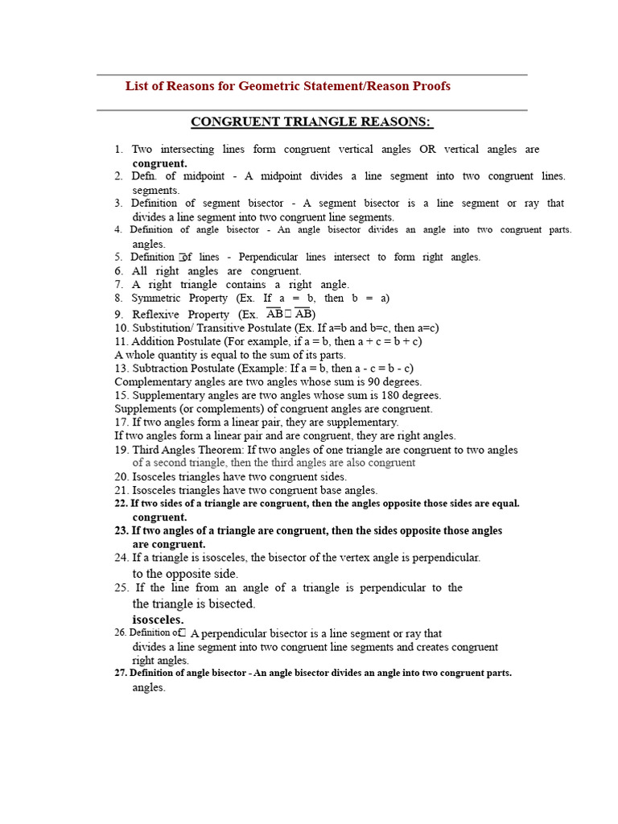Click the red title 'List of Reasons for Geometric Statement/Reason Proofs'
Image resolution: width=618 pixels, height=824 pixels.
pyautogui.click(x=287, y=86)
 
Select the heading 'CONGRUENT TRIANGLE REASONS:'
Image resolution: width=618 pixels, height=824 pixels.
pyautogui.click(x=311, y=122)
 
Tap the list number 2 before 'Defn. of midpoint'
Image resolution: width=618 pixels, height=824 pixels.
pyautogui.click(x=117, y=176)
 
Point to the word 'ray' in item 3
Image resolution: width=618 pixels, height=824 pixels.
pyautogui.click(x=512, y=204)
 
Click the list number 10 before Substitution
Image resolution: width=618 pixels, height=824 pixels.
pyautogui.click(x=121, y=328)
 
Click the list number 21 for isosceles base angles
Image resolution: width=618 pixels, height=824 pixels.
pyautogui.click(x=121, y=490)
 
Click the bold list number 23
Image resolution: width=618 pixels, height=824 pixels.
pyautogui.click(x=122, y=531)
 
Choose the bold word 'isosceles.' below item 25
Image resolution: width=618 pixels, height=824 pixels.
pyautogui.click(x=158, y=620)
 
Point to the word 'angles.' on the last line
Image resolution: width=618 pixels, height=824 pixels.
pyautogui.click(x=148, y=688)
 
